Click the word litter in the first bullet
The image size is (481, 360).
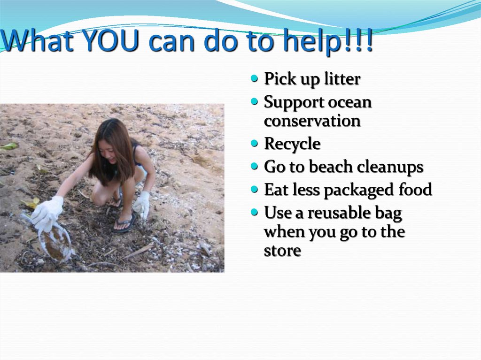(342, 79)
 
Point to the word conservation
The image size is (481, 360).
(312, 121)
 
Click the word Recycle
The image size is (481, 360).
(292, 144)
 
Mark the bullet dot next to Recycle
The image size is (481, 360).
(255, 143)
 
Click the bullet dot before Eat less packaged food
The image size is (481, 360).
(255, 189)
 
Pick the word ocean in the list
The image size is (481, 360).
(350, 102)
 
